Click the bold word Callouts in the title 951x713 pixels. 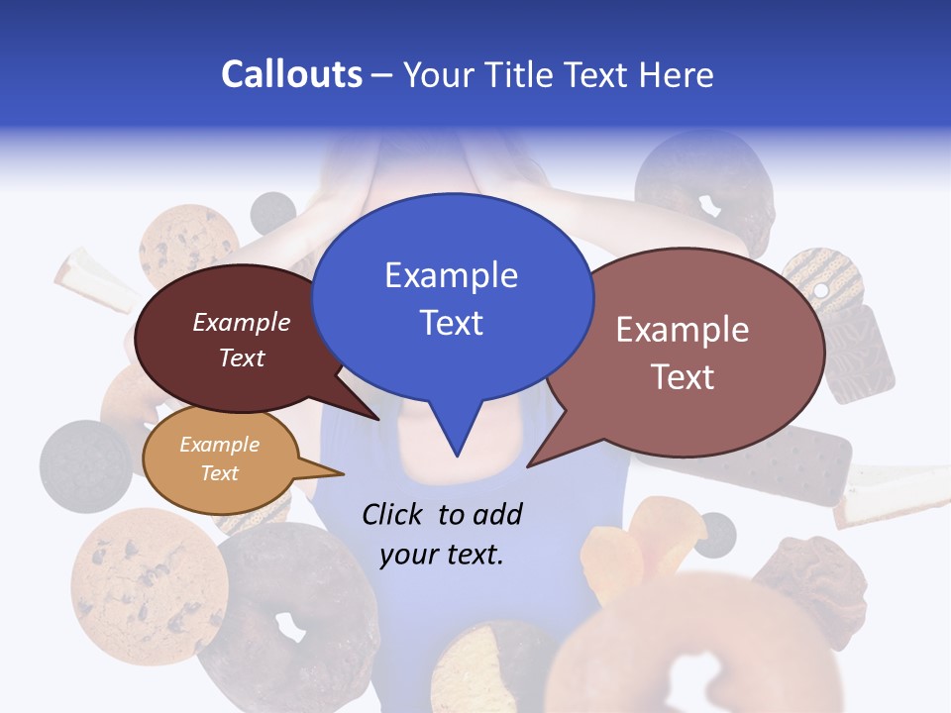pyautogui.click(x=291, y=74)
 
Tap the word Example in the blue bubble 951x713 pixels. pyautogui.click(x=451, y=274)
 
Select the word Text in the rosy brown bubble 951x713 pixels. pyautogui.click(x=683, y=377)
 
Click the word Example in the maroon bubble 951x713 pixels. pyautogui.click(x=241, y=322)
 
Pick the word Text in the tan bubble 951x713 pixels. pyautogui.click(x=219, y=473)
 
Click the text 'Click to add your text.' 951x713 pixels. pyautogui.click(x=442, y=534)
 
